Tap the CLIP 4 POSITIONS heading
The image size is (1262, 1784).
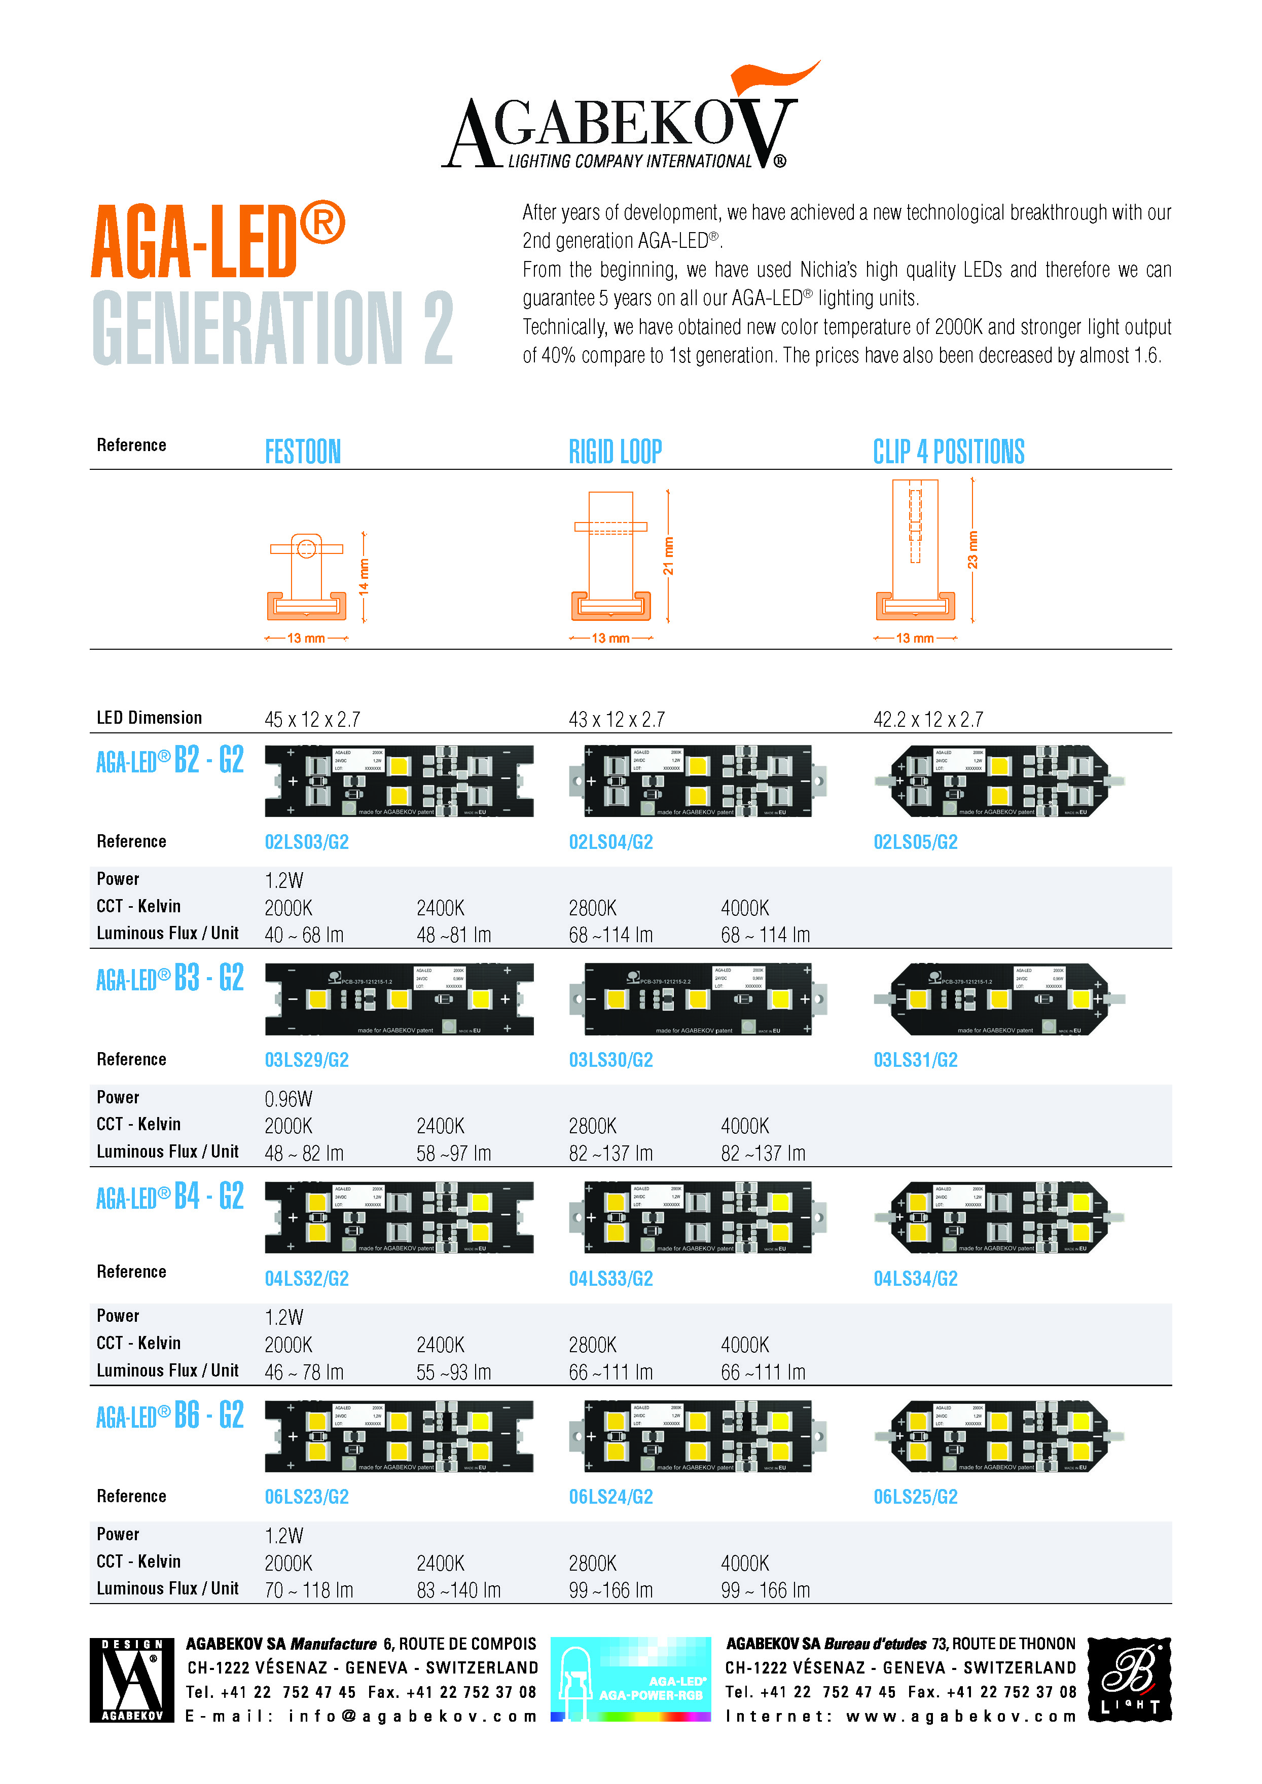coord(948,452)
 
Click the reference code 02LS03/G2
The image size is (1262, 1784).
coord(306,842)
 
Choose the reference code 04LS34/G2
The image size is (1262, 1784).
coord(915,1278)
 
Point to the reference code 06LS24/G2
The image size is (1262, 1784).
coord(611,1497)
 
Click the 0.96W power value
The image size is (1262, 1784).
coord(289,1099)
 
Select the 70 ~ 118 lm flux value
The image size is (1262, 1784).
coord(308,1590)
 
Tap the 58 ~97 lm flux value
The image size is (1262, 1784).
coord(454,1154)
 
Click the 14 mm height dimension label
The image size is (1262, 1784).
coord(364,577)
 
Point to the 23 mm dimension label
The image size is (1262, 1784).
coord(972,550)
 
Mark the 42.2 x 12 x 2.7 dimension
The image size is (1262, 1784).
coord(928,720)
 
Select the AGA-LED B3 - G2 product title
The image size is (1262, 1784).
coord(169,978)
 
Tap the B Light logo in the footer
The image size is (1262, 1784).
coord(1129,1678)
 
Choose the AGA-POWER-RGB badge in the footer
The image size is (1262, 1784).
coord(630,1678)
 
